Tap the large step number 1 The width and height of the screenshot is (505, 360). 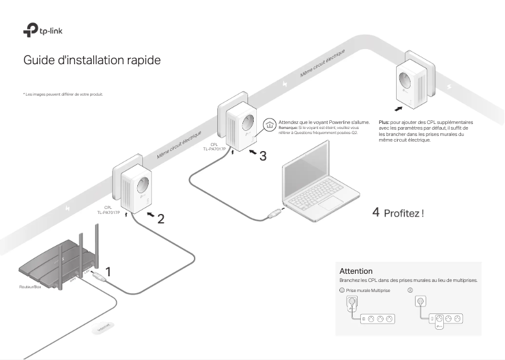(x=108, y=273)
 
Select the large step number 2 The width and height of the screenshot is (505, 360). (x=161, y=219)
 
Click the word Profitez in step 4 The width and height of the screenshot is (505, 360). (x=401, y=213)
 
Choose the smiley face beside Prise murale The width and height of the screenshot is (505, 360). (x=341, y=290)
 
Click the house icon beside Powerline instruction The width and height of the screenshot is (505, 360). (x=269, y=125)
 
